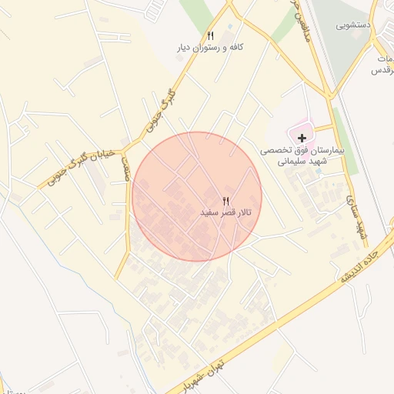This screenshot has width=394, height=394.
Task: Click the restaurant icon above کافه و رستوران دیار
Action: pyautogui.click(x=210, y=36)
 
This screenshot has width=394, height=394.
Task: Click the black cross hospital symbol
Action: pyautogui.click(x=302, y=136)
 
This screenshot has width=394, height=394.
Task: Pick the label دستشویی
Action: pyautogui.click(x=354, y=25)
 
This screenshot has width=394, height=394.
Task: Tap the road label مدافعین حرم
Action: pyautogui.click(x=293, y=15)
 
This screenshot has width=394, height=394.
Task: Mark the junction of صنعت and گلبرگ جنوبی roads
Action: pyautogui.click(x=127, y=147)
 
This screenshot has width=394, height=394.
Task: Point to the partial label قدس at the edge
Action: pyautogui.click(x=383, y=70)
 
